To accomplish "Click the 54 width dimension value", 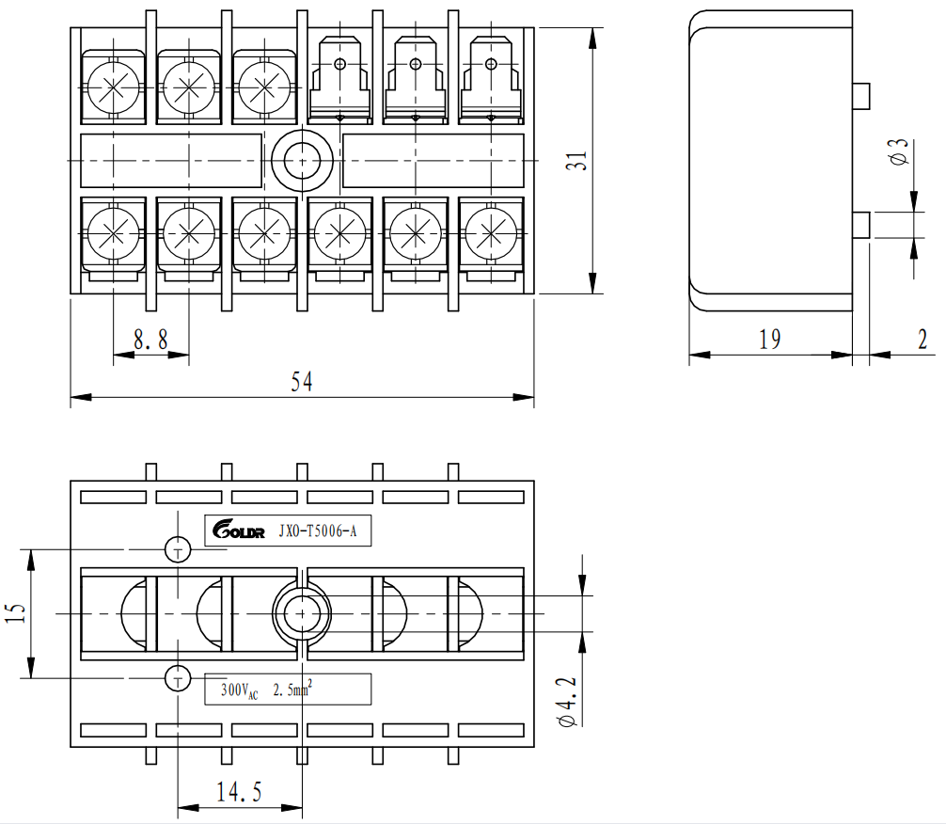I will (x=301, y=381).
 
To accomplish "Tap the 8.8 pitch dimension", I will (x=150, y=341).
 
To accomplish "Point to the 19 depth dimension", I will (x=769, y=340).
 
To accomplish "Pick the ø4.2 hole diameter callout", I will (x=568, y=700).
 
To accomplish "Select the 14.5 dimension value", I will (x=239, y=791).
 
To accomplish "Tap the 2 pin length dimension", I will (x=922, y=340).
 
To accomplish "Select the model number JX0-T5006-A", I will (x=318, y=532).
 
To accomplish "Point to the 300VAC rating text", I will (x=238, y=690).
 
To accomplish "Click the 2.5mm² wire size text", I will (x=292, y=690).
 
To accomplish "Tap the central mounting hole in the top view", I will (x=302, y=160).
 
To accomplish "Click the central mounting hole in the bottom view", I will (x=301, y=613).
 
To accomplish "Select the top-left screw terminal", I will (x=113, y=88).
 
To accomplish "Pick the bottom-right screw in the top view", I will (x=489, y=230).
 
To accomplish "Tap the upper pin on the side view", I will (x=860, y=94).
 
